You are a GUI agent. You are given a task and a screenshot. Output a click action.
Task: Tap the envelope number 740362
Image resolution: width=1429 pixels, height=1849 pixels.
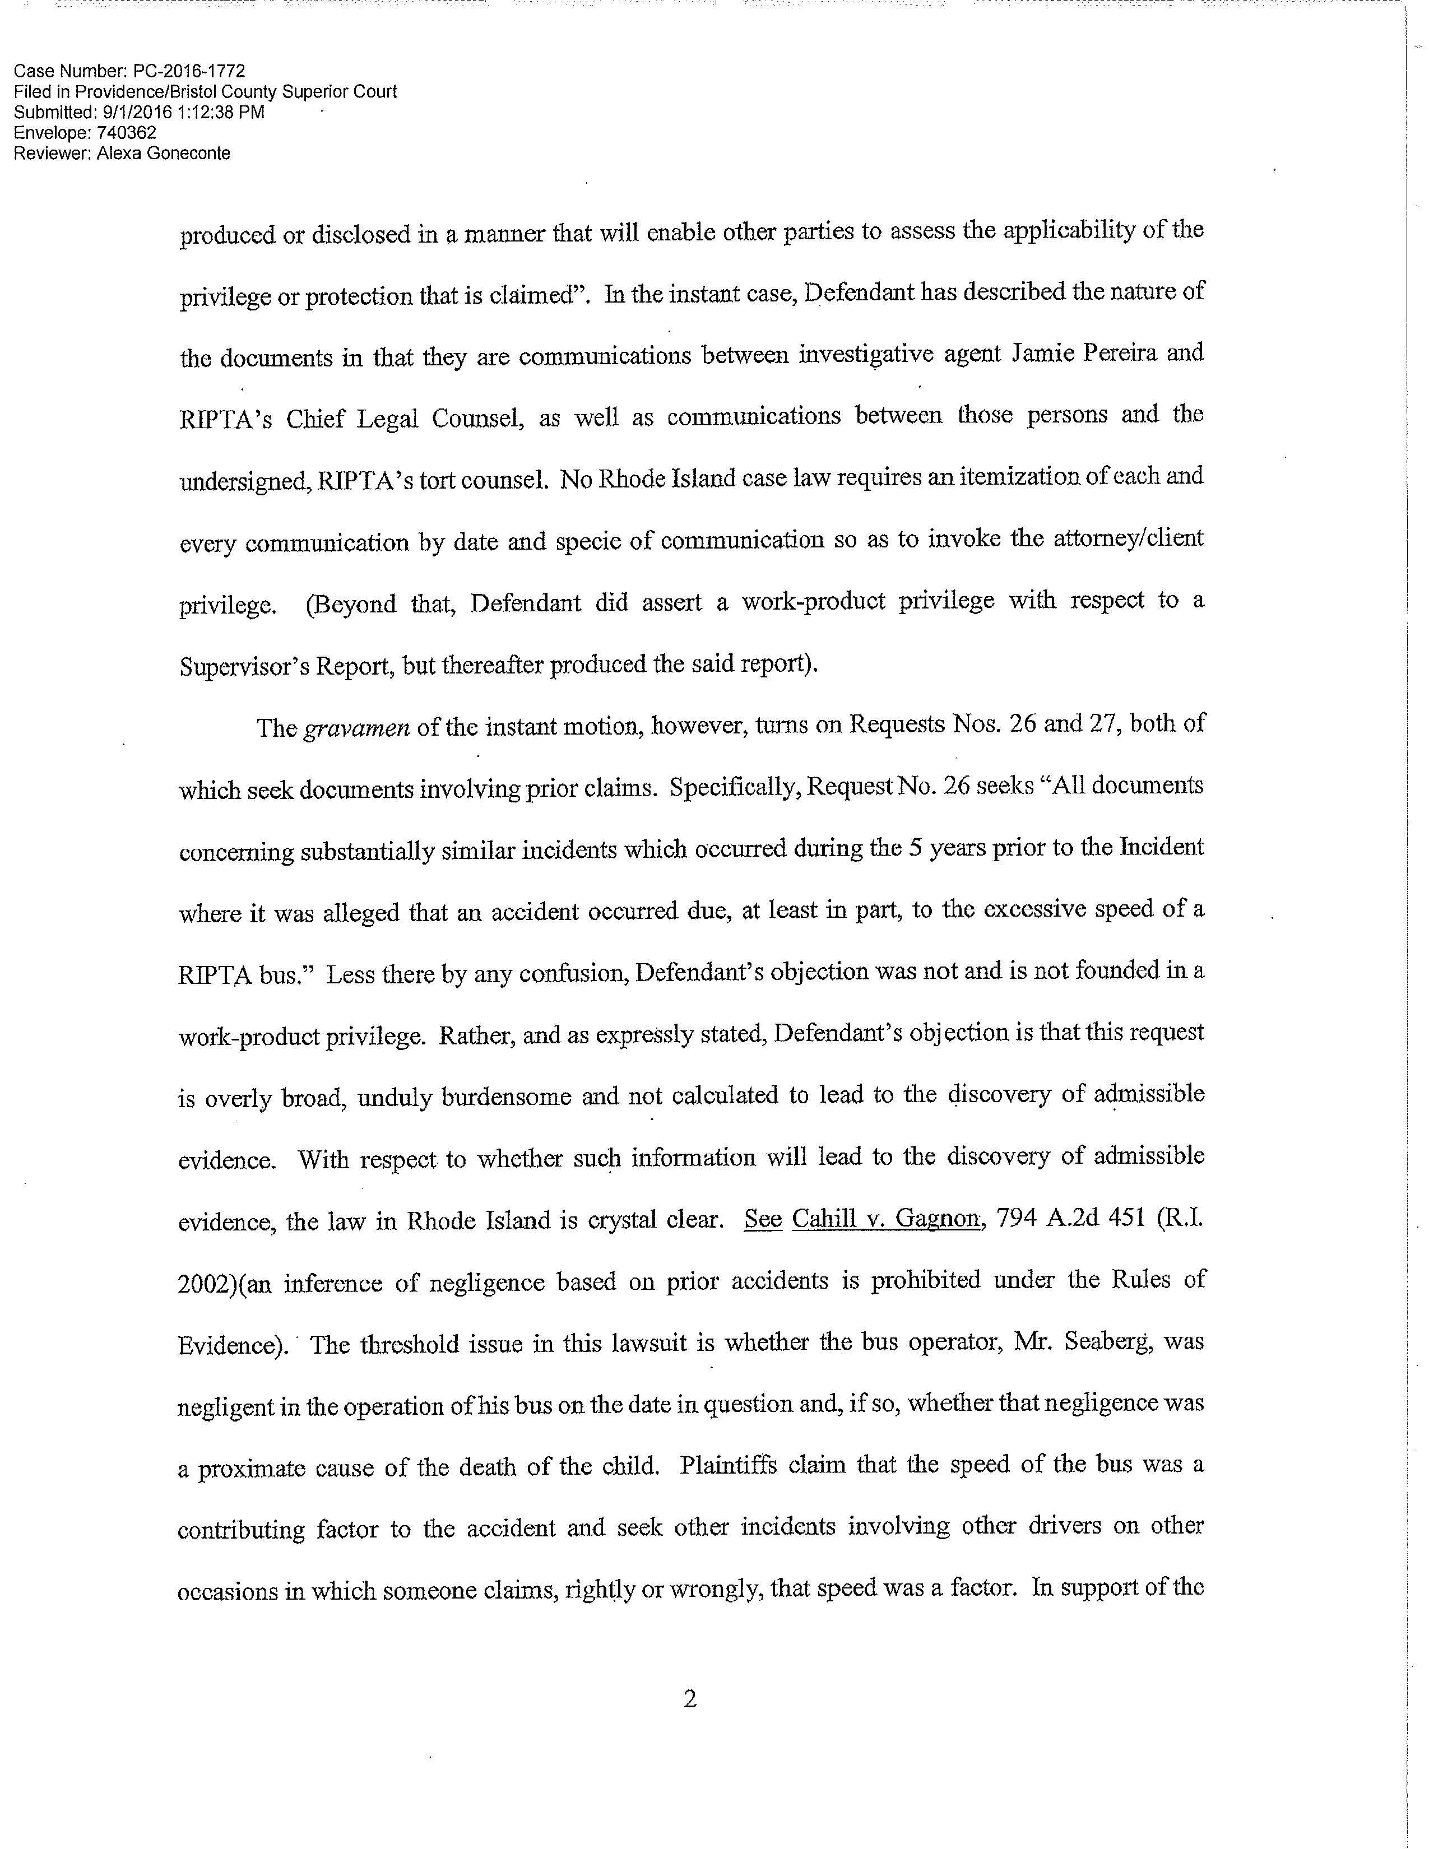point(127,133)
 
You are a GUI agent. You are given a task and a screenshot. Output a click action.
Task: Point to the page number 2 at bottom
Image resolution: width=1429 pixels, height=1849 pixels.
point(689,1698)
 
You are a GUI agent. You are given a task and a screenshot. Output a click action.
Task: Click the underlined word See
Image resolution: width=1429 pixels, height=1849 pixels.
point(762,1220)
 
